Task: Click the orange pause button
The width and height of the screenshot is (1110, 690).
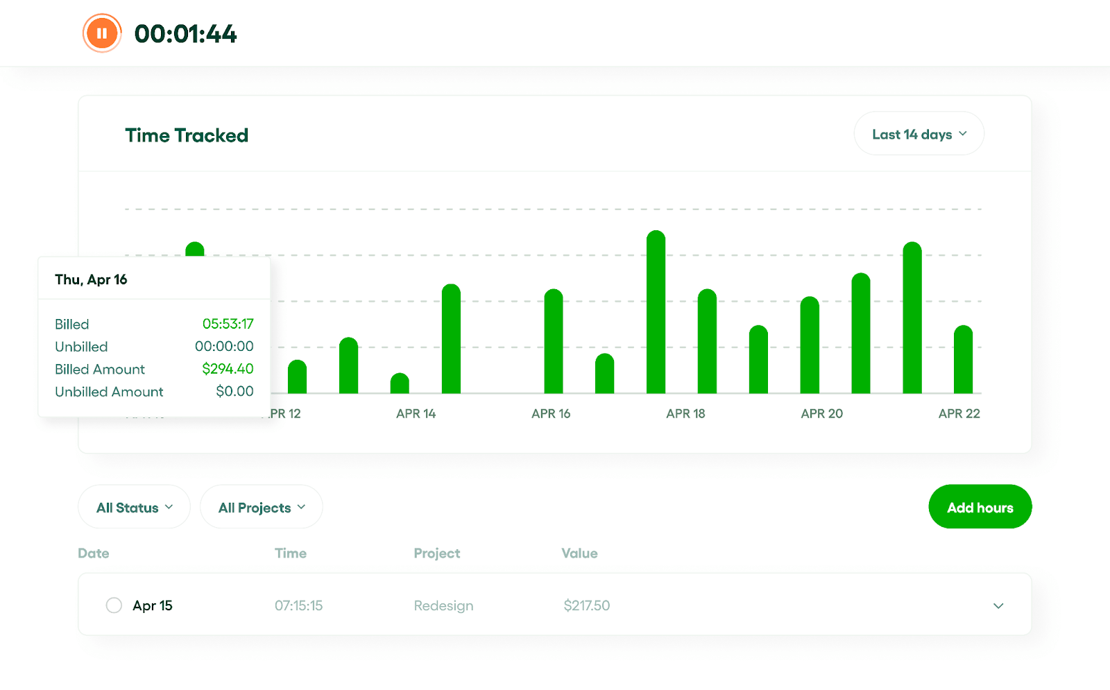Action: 102,33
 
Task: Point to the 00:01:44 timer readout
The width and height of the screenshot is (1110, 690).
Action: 185,34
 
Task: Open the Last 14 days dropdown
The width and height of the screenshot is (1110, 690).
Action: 919,134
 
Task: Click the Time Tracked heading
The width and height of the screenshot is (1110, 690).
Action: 187,135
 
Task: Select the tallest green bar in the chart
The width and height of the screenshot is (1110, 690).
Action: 656,312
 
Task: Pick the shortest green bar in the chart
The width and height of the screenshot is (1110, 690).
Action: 400,383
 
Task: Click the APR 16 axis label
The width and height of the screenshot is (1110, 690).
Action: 551,414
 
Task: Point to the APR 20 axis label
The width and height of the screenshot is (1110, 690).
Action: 821,414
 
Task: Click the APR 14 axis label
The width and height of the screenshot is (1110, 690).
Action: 416,414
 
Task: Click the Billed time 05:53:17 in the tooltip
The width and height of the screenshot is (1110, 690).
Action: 228,324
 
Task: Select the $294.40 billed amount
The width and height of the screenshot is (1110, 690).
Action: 228,369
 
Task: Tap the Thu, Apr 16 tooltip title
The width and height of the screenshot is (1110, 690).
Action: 91,279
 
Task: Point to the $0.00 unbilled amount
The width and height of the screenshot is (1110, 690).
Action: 234,391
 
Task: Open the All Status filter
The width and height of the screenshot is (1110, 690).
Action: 134,508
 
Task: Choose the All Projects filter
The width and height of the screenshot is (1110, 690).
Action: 261,508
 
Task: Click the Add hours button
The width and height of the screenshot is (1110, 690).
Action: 980,508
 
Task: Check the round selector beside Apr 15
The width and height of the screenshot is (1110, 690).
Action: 114,605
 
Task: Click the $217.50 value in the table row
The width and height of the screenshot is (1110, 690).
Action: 586,605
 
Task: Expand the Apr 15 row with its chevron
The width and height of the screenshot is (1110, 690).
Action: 998,606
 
